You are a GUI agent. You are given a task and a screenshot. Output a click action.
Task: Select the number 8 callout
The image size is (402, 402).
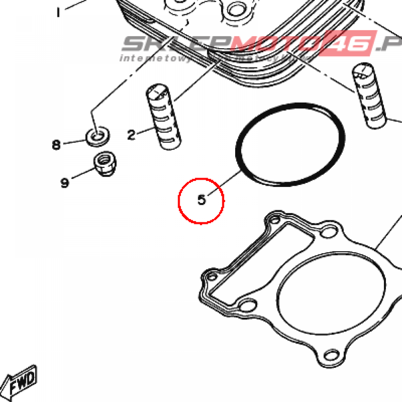57,145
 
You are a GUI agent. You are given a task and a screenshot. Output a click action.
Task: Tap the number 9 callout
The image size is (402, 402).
65,183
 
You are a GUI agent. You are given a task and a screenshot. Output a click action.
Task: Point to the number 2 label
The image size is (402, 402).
131,135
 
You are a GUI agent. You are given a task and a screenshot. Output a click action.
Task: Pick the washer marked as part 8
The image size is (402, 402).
97,136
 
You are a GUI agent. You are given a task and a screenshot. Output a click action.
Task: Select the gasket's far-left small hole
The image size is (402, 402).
212,277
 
